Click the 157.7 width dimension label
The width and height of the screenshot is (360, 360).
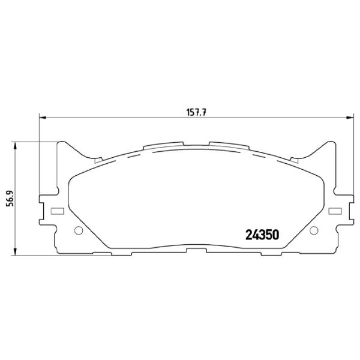tap(196, 113)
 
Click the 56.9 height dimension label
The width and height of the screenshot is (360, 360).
tap(10, 199)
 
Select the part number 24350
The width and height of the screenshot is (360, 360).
tap(262, 235)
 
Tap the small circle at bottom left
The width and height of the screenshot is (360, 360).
tap(79, 230)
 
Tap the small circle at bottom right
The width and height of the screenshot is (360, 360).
tap(314, 230)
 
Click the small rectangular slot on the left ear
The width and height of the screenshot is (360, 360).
tap(57, 211)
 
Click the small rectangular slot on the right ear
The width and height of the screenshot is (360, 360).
tap(335, 211)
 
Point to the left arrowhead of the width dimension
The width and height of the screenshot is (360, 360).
tap(43, 118)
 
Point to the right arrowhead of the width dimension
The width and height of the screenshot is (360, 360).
tap(350, 118)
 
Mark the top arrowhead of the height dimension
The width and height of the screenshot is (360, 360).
tap(15, 146)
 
